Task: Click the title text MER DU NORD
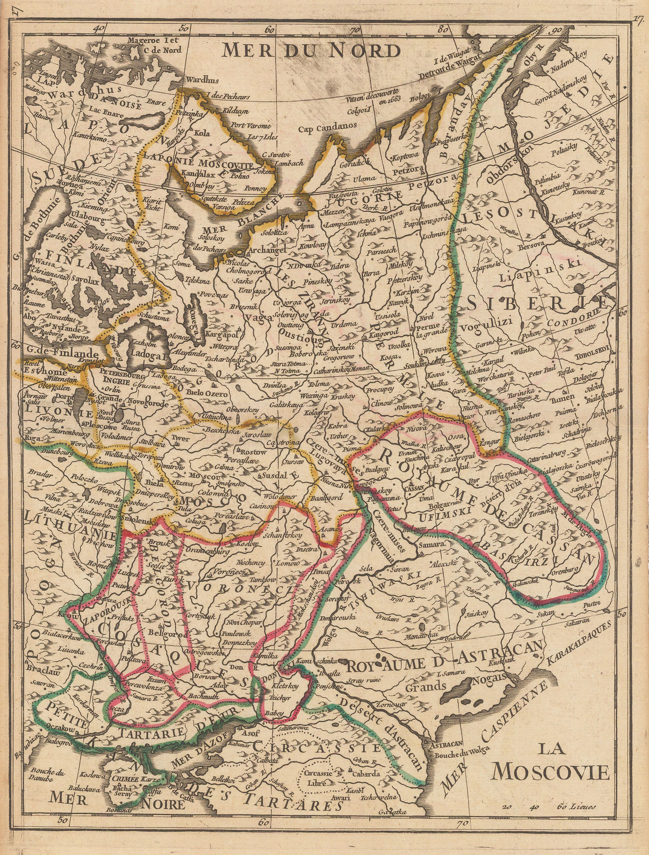[311, 50]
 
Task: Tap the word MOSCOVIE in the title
[551, 772]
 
